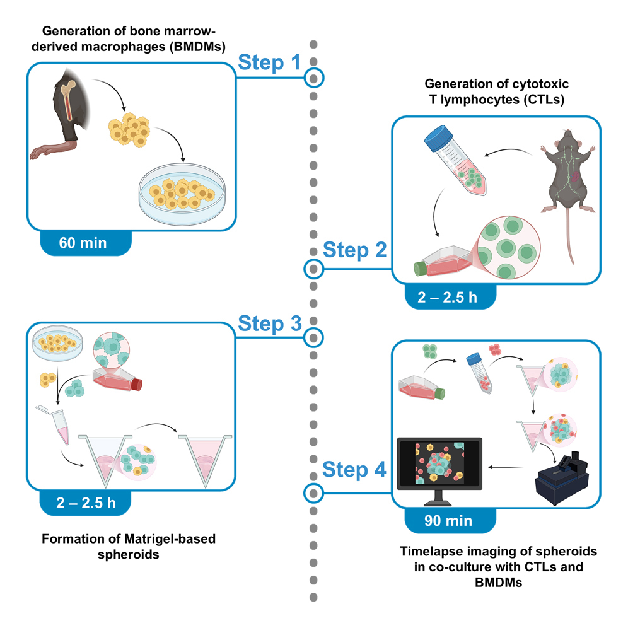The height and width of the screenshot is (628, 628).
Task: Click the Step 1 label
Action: click(x=270, y=63)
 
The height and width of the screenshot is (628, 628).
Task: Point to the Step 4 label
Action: click(x=354, y=470)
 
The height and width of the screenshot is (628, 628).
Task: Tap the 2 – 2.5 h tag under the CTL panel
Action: click(x=450, y=298)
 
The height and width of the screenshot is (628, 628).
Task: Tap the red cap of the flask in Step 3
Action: click(x=137, y=384)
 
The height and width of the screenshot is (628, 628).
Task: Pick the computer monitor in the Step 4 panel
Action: click(x=440, y=467)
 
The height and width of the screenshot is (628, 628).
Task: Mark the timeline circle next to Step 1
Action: click(x=313, y=78)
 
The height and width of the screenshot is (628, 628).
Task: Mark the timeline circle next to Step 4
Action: click(x=313, y=492)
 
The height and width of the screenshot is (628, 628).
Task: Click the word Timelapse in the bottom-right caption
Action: click(x=430, y=552)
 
